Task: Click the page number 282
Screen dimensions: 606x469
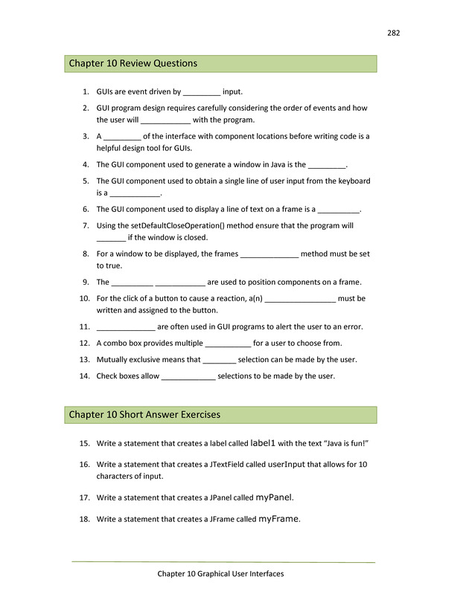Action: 394,32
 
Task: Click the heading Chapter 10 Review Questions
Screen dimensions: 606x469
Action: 133,63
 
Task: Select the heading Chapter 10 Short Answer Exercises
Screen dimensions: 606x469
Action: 144,414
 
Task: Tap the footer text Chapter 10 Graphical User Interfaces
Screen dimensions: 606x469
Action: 220,573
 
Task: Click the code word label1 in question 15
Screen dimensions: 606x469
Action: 262,443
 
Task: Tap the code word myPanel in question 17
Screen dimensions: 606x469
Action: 274,497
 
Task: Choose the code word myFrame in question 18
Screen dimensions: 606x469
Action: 278,519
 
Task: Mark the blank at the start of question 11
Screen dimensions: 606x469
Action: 126,327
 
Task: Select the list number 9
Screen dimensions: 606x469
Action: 86,282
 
